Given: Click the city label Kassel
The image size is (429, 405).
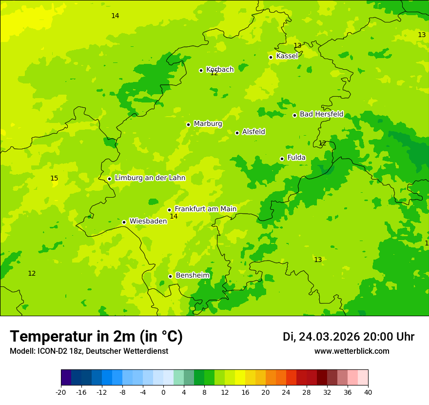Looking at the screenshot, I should [x=287, y=56].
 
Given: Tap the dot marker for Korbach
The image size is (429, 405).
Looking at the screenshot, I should [x=201, y=70].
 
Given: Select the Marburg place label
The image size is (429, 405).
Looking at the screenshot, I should [x=208, y=124].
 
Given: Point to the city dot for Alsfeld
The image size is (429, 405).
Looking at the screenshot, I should [x=237, y=133].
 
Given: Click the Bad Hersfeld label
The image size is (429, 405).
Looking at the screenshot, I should [x=321, y=114].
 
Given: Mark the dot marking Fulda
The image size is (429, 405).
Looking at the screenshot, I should [x=282, y=159].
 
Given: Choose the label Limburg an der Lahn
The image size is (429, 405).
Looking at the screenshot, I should [x=150, y=178].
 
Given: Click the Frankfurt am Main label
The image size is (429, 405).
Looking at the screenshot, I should [x=205, y=209].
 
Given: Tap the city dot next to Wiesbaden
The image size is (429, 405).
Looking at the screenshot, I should [x=124, y=222].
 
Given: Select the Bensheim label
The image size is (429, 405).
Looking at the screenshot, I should [x=192, y=275].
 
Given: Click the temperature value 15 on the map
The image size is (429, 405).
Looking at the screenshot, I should [x=54, y=179].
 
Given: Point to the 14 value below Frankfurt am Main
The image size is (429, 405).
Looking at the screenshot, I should [x=174, y=216].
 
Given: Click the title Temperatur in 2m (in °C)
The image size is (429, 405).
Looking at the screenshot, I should [x=96, y=337].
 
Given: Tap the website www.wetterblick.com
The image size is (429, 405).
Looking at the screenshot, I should [x=351, y=351].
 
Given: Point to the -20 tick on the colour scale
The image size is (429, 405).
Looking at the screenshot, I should [x=61, y=392].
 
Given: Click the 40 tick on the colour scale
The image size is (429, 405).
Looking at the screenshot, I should [x=368, y=392].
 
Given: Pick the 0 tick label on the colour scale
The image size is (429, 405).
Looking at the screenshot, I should [x=163, y=392].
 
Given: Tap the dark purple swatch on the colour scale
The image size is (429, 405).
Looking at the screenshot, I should [x=66, y=378].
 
